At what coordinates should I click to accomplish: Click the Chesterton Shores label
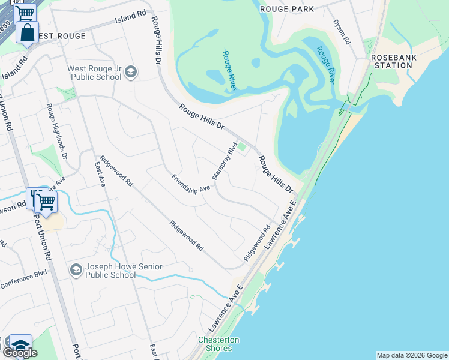[x=218, y=344]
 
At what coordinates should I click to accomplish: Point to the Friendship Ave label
[x=191, y=183]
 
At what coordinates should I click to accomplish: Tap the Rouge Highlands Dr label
[x=58, y=134]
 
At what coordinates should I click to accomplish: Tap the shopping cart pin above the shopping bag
[x=25, y=13]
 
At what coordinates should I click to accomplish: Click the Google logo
[x=20, y=353]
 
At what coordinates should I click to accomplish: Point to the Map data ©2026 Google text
[x=412, y=355]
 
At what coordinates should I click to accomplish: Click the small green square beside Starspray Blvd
[x=243, y=147]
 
